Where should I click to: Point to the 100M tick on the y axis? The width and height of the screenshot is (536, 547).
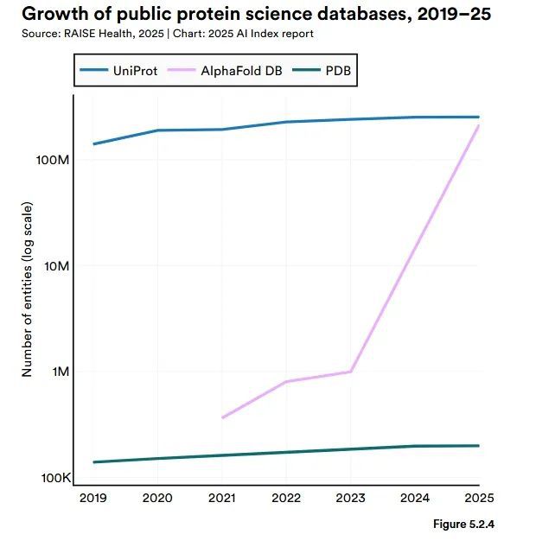pos(51,161)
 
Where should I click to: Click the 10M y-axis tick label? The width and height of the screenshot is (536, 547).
pos(54,266)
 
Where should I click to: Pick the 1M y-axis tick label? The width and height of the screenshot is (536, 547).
pos(58,372)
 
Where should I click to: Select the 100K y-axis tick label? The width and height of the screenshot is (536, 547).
pos(52,478)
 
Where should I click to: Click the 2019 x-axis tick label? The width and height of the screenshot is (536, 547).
pos(93,499)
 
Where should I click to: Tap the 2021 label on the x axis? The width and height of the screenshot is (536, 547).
pos(222,499)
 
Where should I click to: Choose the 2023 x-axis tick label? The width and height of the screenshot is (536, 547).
pos(350,499)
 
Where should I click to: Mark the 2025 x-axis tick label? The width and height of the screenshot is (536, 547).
pos(478,499)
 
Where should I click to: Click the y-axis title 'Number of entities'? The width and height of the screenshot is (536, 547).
pos(27,290)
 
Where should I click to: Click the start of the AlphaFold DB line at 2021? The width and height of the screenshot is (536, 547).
pos(222,418)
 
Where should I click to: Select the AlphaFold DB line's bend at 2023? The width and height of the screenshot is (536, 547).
pos(350,372)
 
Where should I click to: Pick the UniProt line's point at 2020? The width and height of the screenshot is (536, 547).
pos(157,130)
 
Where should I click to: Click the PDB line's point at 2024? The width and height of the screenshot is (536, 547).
pos(414,446)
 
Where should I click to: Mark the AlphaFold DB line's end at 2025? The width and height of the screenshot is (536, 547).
pos(478,126)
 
